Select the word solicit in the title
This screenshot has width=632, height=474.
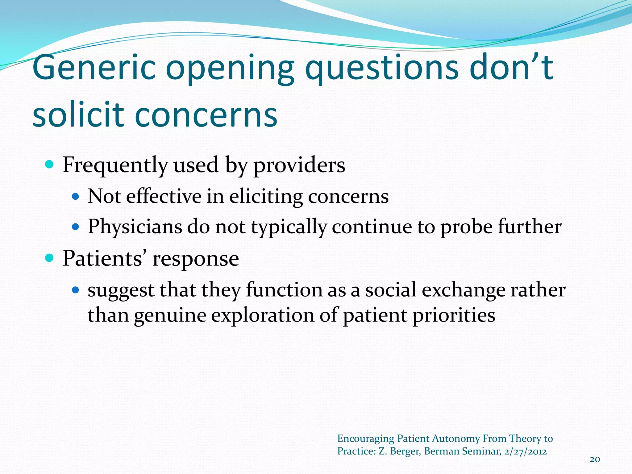(x=78, y=115)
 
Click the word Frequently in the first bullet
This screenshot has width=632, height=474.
(x=115, y=165)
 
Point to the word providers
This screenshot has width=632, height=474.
(x=299, y=165)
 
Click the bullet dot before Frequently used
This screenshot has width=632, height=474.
(x=49, y=164)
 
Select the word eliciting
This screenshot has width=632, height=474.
(x=266, y=197)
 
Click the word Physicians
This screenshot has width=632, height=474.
(x=135, y=227)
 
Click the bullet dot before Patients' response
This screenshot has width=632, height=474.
(x=49, y=257)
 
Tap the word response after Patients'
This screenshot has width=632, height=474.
(x=196, y=259)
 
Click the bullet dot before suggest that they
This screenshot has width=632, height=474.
(x=75, y=290)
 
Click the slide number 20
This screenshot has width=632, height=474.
(x=595, y=459)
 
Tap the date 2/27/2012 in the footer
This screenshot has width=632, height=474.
(x=525, y=451)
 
